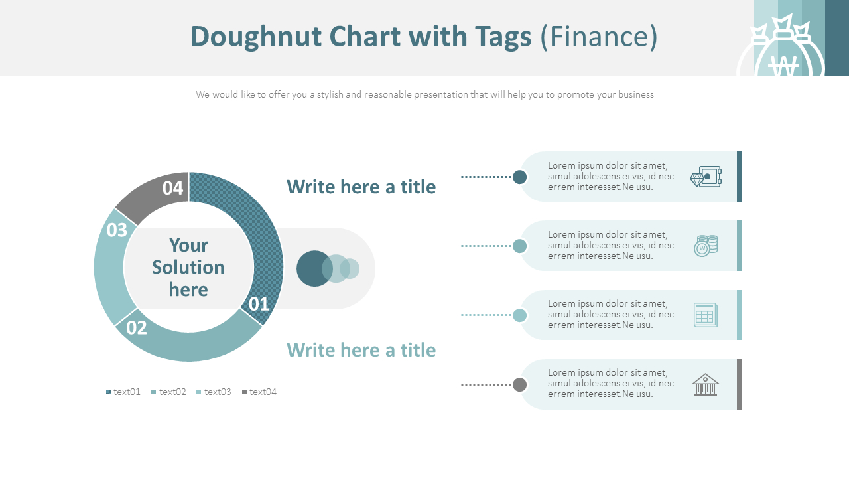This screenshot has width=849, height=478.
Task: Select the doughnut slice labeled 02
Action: pyautogui.click(x=192, y=345)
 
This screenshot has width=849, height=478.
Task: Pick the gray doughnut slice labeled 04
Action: pyautogui.click(x=156, y=193)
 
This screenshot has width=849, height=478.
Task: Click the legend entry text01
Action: pyautogui.click(x=124, y=392)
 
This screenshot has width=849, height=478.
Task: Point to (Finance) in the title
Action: pyautogui.click(x=599, y=37)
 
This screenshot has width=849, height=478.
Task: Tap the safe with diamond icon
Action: pyautogui.click(x=706, y=177)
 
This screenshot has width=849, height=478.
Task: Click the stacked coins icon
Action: pyautogui.click(x=706, y=246)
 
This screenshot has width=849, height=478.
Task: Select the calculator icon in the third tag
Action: pyautogui.click(x=706, y=315)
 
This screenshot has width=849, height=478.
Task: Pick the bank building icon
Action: pyautogui.click(x=706, y=384)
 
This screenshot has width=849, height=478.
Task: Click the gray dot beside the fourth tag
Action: pyautogui.click(x=520, y=384)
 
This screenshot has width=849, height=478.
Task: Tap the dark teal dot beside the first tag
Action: pyautogui.click(x=520, y=177)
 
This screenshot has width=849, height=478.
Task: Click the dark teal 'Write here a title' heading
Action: pyautogui.click(x=361, y=187)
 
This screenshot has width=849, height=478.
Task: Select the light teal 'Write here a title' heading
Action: pyautogui.click(x=361, y=350)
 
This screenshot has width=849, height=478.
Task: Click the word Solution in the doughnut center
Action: pyautogui.click(x=188, y=267)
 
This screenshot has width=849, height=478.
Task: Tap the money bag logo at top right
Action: pyautogui.click(x=783, y=53)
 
